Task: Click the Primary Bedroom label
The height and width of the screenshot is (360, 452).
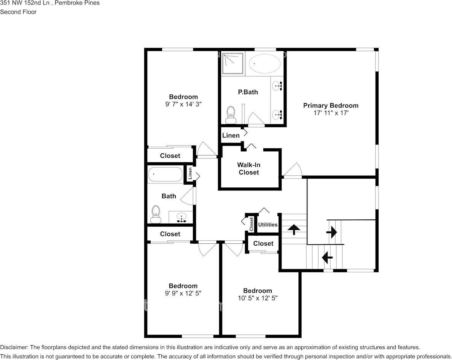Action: tap(331, 105)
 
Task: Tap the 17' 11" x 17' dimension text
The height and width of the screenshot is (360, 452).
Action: tap(331, 113)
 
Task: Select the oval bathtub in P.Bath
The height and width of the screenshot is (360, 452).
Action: tap(265, 63)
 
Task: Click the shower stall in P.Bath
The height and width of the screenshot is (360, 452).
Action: tap(233, 63)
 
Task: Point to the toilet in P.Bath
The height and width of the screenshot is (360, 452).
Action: tap(231, 115)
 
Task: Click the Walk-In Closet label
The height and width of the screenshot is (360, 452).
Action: tap(248, 168)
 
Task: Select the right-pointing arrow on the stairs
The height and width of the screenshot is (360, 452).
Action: tap(331, 232)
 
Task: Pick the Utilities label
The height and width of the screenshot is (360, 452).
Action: tap(268, 225)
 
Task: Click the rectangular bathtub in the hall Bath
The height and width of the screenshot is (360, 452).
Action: tap(166, 174)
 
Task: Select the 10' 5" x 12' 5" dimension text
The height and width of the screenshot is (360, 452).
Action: tap(258, 298)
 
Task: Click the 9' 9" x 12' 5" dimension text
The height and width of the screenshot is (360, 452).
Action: tap(183, 293)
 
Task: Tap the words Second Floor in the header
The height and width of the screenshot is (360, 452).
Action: tap(18, 12)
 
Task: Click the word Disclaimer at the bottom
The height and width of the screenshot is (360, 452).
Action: tap(14, 347)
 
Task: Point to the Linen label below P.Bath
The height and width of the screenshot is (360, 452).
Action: tap(231, 135)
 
